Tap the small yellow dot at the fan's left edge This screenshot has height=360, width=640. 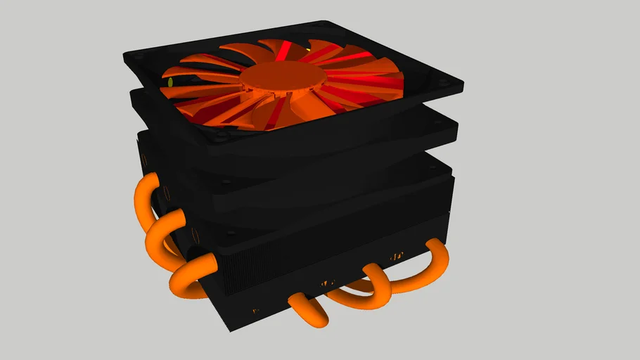tap(170, 82)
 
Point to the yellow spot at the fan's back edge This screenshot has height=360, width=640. tap(307, 51)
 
